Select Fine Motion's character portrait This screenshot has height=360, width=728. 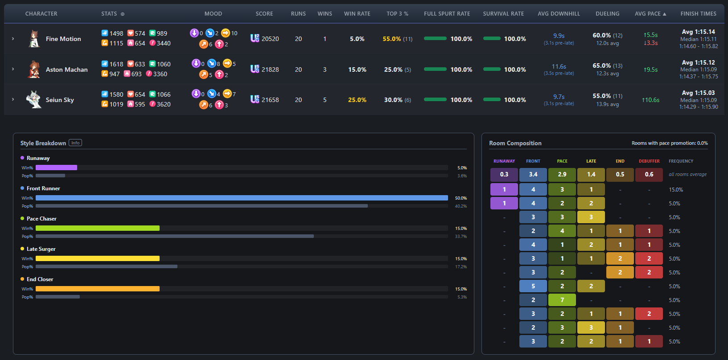pos(34,39)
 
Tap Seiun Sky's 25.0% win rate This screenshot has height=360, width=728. pos(357,100)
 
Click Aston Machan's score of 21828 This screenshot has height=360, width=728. pos(270,70)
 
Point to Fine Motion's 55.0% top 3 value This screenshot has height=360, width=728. pos(391,39)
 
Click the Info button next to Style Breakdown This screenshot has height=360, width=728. pos(75,143)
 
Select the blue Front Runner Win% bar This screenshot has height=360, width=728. pos(242,198)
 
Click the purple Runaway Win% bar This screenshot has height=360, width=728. pos(56,168)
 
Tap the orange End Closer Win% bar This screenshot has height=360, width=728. pos(98,289)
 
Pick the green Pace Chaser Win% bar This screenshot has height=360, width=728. pos(98,229)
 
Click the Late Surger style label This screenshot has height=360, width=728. pos(41,249)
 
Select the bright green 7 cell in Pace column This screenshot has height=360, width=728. pos(562,300)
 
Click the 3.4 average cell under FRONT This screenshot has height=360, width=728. pos(533,175)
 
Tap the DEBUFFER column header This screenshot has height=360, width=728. pos(649,161)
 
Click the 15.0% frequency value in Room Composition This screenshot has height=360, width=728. pos(676,190)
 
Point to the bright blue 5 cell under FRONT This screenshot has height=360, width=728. pos(533,286)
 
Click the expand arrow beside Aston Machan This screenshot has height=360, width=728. pos(13,69)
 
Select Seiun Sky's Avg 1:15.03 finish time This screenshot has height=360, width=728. pos(698,93)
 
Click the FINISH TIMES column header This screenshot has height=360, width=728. pos(699,14)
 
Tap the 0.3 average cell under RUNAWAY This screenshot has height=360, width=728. pos(504,175)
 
